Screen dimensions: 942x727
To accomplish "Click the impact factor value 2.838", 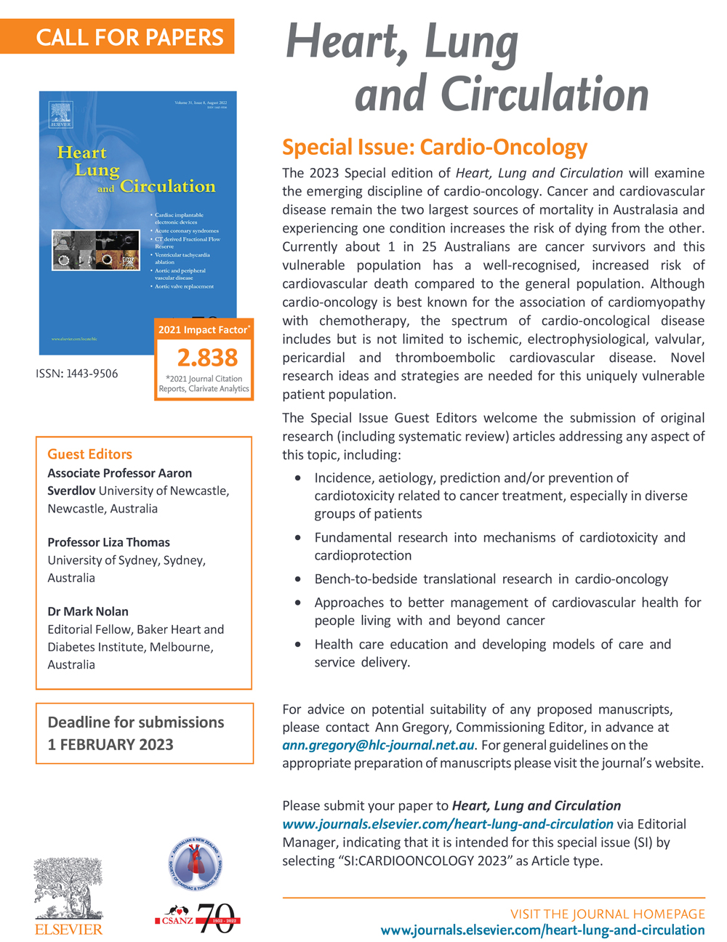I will pyautogui.click(x=207, y=358).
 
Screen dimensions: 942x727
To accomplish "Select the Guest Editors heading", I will pyautogui.click(x=89, y=454).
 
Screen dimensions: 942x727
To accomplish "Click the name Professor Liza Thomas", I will pyautogui.click(x=108, y=542).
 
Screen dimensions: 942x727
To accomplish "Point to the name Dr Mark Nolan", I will pyautogui.click(x=88, y=611).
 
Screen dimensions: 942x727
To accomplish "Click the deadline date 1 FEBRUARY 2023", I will pyautogui.click(x=111, y=744).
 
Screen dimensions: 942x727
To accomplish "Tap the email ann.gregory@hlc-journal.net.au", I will pyautogui.click(x=378, y=745).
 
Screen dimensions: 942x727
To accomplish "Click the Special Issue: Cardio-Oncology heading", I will pyautogui.click(x=434, y=148).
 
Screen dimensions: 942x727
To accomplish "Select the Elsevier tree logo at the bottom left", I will pyautogui.click(x=68, y=890).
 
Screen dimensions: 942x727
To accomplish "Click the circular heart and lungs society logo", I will pyautogui.click(x=195, y=866).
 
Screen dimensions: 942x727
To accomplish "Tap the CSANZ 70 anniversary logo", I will pyautogui.click(x=198, y=919).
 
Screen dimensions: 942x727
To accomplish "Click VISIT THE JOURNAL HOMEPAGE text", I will pyautogui.click(x=607, y=914).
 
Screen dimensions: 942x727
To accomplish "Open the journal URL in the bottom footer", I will pyautogui.click(x=542, y=930).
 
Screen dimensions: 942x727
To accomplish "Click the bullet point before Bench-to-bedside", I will pyautogui.click(x=299, y=580).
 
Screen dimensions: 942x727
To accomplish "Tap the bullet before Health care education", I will pyautogui.click(x=299, y=645).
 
